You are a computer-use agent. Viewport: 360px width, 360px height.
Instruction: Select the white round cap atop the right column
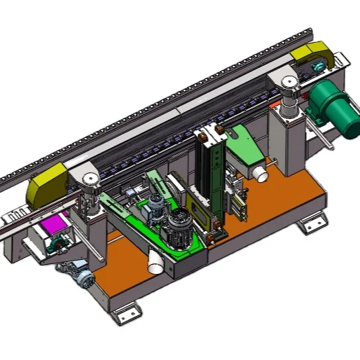(289, 82)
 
